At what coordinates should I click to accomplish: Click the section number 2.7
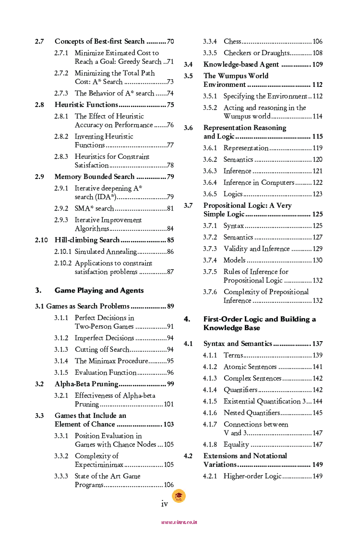click(x=39, y=42)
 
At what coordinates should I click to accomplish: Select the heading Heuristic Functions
click(x=86, y=105)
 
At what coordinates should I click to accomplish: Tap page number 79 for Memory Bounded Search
click(x=170, y=177)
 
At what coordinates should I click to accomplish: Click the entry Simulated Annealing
click(x=106, y=252)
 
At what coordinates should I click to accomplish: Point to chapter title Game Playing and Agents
click(x=99, y=290)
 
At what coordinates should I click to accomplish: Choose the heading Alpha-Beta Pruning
click(x=86, y=384)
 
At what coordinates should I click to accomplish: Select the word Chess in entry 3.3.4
click(x=232, y=42)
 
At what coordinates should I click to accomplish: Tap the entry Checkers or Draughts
click(x=256, y=53)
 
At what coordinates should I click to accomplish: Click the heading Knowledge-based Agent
click(x=241, y=64)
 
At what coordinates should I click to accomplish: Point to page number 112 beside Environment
click(x=317, y=85)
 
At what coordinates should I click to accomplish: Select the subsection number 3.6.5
click(x=210, y=194)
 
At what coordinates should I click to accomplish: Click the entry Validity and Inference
click(x=256, y=249)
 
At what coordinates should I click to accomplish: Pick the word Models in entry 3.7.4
click(x=234, y=261)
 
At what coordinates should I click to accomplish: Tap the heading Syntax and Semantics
click(x=238, y=344)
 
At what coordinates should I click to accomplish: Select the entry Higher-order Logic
click(x=252, y=476)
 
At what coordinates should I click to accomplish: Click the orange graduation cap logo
click(x=179, y=496)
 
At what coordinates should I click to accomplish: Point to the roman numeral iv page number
click(x=164, y=504)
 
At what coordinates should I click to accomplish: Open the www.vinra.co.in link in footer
click(x=180, y=523)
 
